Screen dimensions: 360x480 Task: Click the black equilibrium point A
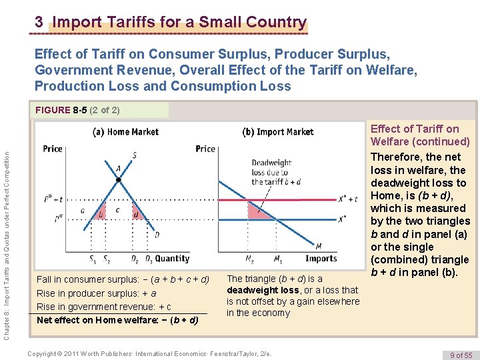pyautogui.click(x=118, y=180)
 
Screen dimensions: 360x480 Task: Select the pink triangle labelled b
pyautogui.click(x=101, y=214)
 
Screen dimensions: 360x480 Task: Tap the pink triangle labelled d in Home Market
pyautogui.click(x=136, y=214)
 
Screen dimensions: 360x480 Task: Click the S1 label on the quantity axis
pyautogui.click(x=92, y=259)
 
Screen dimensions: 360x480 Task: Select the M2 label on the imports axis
pyautogui.click(x=251, y=259)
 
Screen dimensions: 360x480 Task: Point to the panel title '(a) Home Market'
pyautogui.click(x=125, y=132)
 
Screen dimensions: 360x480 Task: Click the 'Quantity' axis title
pyautogui.click(x=172, y=259)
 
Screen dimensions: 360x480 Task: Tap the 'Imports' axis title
pyautogui.click(x=321, y=259)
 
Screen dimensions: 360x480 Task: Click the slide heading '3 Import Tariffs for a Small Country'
pyautogui.click(x=171, y=23)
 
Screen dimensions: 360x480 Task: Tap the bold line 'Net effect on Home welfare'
pyautogui.click(x=117, y=320)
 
